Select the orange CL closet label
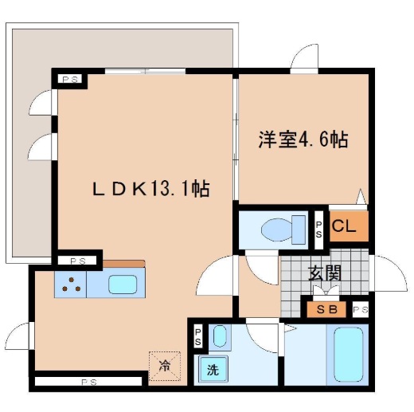click(x=345, y=226)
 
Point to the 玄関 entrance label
click(x=325, y=273)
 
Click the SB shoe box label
click(x=326, y=310)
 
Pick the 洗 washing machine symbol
click(x=213, y=369)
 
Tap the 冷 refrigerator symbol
click(x=165, y=367)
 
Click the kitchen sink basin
click(x=122, y=284)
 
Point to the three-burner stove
click(x=71, y=284)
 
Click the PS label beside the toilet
click(x=318, y=230)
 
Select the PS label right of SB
click(x=360, y=310)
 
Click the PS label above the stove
click(x=77, y=261)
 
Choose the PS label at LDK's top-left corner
click(x=70, y=79)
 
